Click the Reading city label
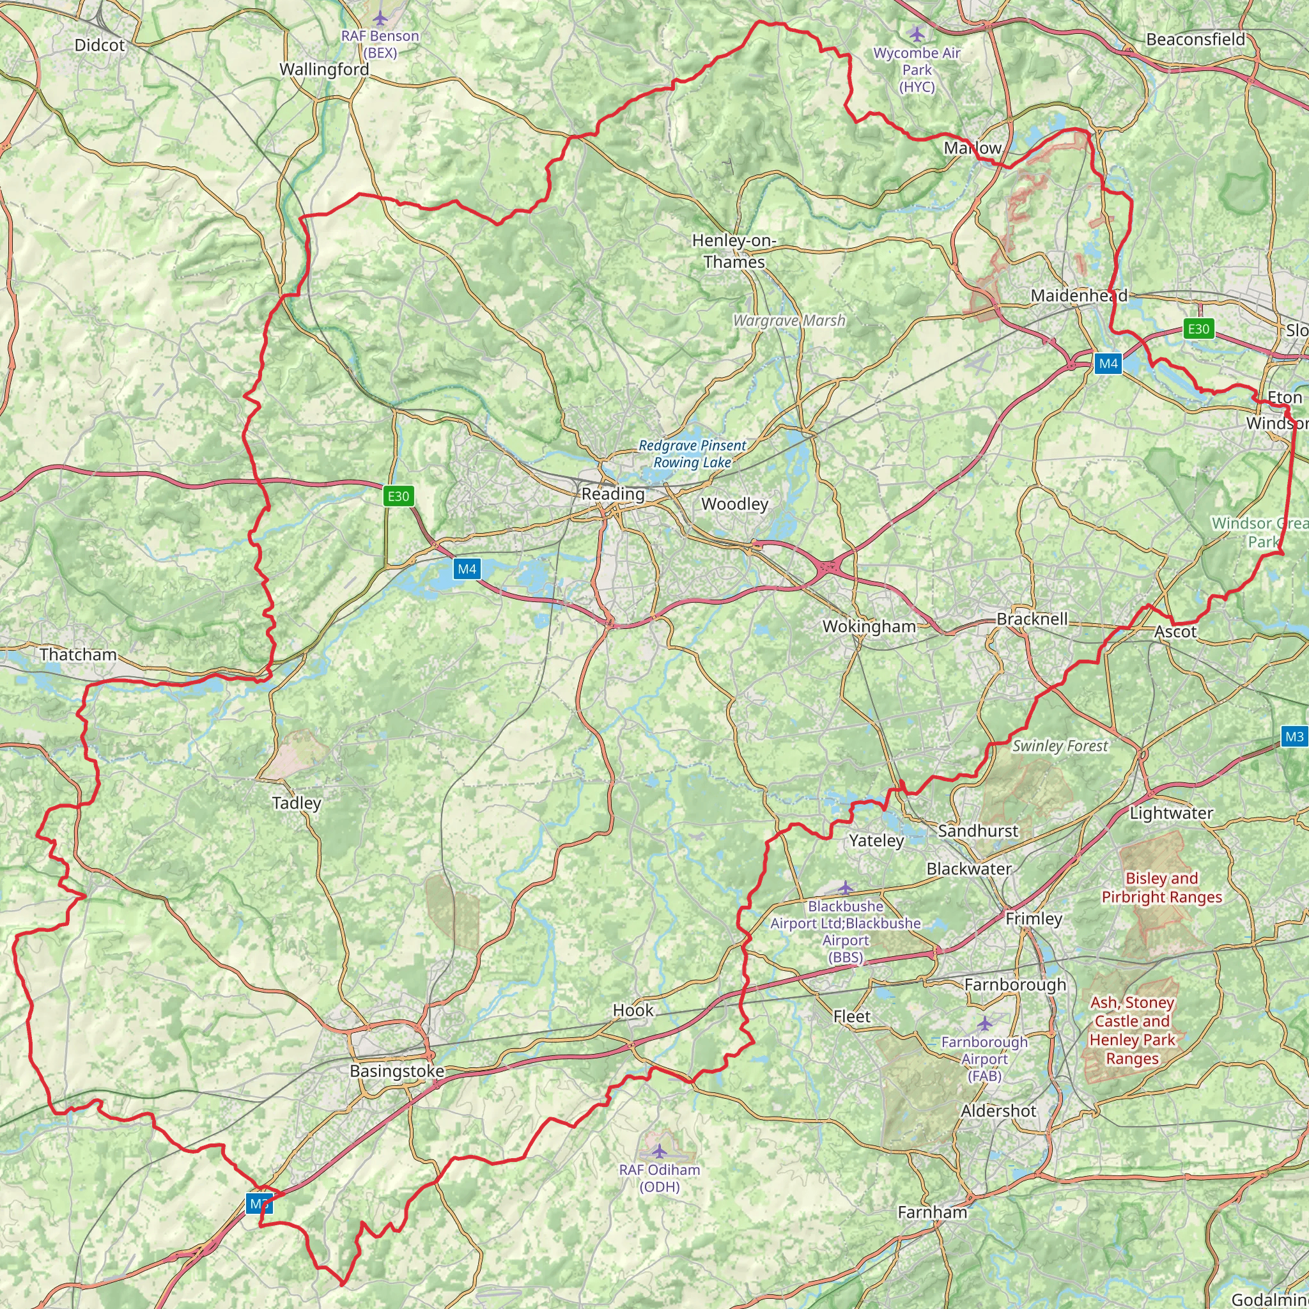613,494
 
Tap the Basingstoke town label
397,1071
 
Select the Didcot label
100,45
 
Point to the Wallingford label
324,70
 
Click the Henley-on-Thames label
734,251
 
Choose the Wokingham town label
869,627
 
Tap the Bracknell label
1032,619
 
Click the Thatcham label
78,654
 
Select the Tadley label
296,803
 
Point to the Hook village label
633,1011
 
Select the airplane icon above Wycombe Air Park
917,34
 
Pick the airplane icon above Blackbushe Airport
846,887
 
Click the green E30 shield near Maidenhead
1198,329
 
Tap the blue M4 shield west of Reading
467,569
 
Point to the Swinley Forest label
1060,746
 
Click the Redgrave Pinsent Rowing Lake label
692,454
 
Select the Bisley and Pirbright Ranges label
1162,888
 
